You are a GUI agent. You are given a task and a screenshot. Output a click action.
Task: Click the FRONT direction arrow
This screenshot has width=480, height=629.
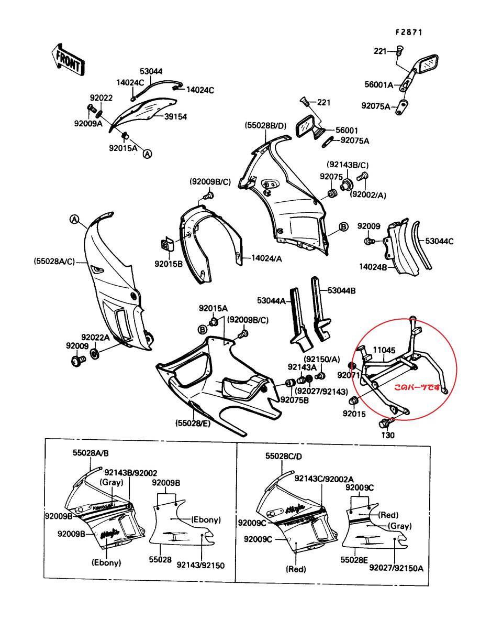coord(67,59)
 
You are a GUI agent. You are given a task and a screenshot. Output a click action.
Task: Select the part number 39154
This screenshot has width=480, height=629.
coord(176,116)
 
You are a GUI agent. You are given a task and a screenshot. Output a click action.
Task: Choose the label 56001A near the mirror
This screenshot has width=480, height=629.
coord(378,84)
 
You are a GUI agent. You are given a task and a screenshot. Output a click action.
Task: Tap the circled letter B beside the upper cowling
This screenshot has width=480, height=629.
coord(343,226)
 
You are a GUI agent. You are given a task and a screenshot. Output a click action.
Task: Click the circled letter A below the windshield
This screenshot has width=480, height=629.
coord(148,154)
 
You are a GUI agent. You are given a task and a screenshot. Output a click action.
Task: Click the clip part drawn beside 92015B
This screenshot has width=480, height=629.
coord(167,244)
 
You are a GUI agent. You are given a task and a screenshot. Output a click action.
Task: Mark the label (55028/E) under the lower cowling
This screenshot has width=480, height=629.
coord(193,422)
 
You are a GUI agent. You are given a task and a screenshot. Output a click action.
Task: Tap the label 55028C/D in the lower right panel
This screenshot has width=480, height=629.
coord(284,456)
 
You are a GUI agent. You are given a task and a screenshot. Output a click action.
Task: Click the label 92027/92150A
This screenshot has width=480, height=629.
coord(396,568)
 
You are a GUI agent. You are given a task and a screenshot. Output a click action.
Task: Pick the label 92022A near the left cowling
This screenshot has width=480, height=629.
coord(95,338)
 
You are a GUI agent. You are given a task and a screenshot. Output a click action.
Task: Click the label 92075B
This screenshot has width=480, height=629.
coord(294,400)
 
